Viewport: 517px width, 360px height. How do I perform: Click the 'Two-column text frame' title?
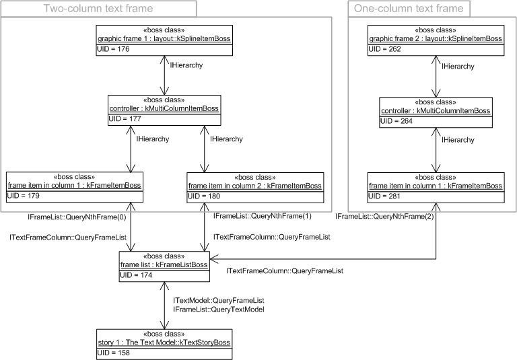pos(98,9)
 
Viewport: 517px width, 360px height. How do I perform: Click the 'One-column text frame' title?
pos(409,9)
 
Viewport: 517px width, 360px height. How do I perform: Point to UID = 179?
pos(24,195)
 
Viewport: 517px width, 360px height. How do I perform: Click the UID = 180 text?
pos(204,195)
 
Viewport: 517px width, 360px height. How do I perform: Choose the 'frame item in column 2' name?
pos(256,185)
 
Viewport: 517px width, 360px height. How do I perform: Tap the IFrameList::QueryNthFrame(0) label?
pos(67,217)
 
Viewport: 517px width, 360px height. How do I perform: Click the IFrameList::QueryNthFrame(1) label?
pos(263,216)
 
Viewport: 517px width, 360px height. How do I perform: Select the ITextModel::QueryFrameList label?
pos(218,299)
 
